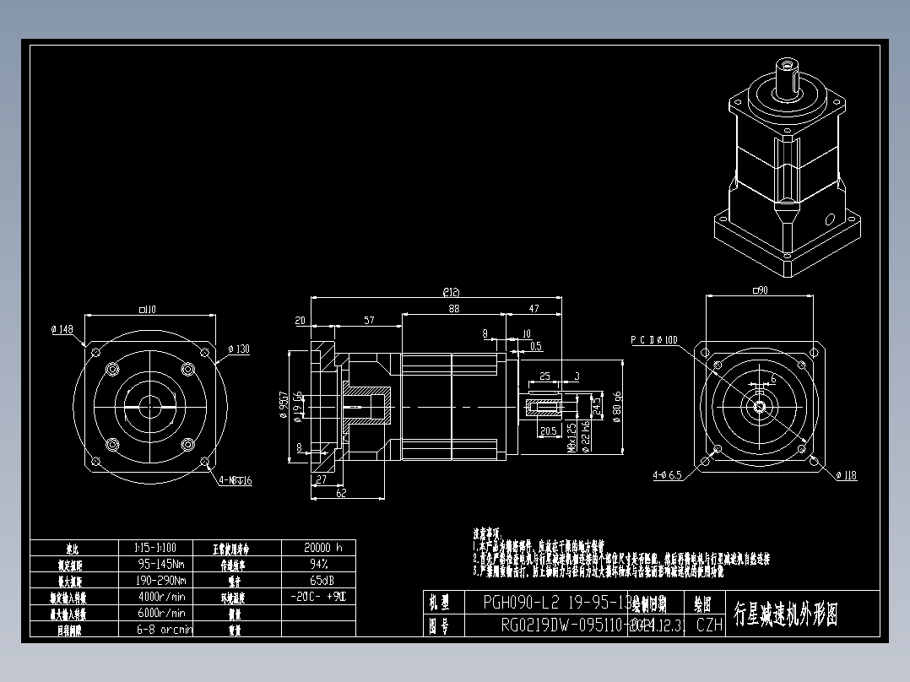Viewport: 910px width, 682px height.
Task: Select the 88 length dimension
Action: [x=454, y=310]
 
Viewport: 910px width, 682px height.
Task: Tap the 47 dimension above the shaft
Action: [x=534, y=310]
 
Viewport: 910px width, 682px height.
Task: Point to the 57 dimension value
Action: [x=369, y=321]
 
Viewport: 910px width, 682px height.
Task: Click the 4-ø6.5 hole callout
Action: [x=667, y=475]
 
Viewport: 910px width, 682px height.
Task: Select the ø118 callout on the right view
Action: [x=846, y=475]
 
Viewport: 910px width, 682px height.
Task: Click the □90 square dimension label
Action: [x=760, y=290]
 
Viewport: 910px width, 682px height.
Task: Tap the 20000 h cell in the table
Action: [x=318, y=548]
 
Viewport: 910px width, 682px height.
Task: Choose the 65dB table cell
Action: [x=318, y=581]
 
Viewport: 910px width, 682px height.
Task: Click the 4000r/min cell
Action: [x=160, y=597]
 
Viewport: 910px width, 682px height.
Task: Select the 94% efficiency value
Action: [x=318, y=564]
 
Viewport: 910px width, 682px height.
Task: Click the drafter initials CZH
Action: [x=709, y=625]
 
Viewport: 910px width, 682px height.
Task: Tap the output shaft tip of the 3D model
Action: [x=789, y=65]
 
